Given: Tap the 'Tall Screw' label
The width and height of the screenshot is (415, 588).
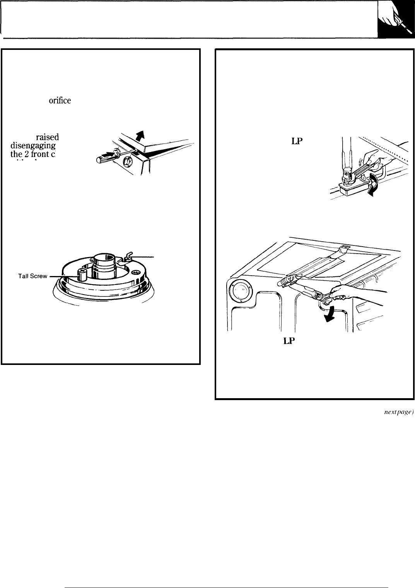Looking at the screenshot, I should click(32, 276).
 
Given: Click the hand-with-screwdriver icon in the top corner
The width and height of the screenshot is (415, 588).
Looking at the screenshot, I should click(396, 19).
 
